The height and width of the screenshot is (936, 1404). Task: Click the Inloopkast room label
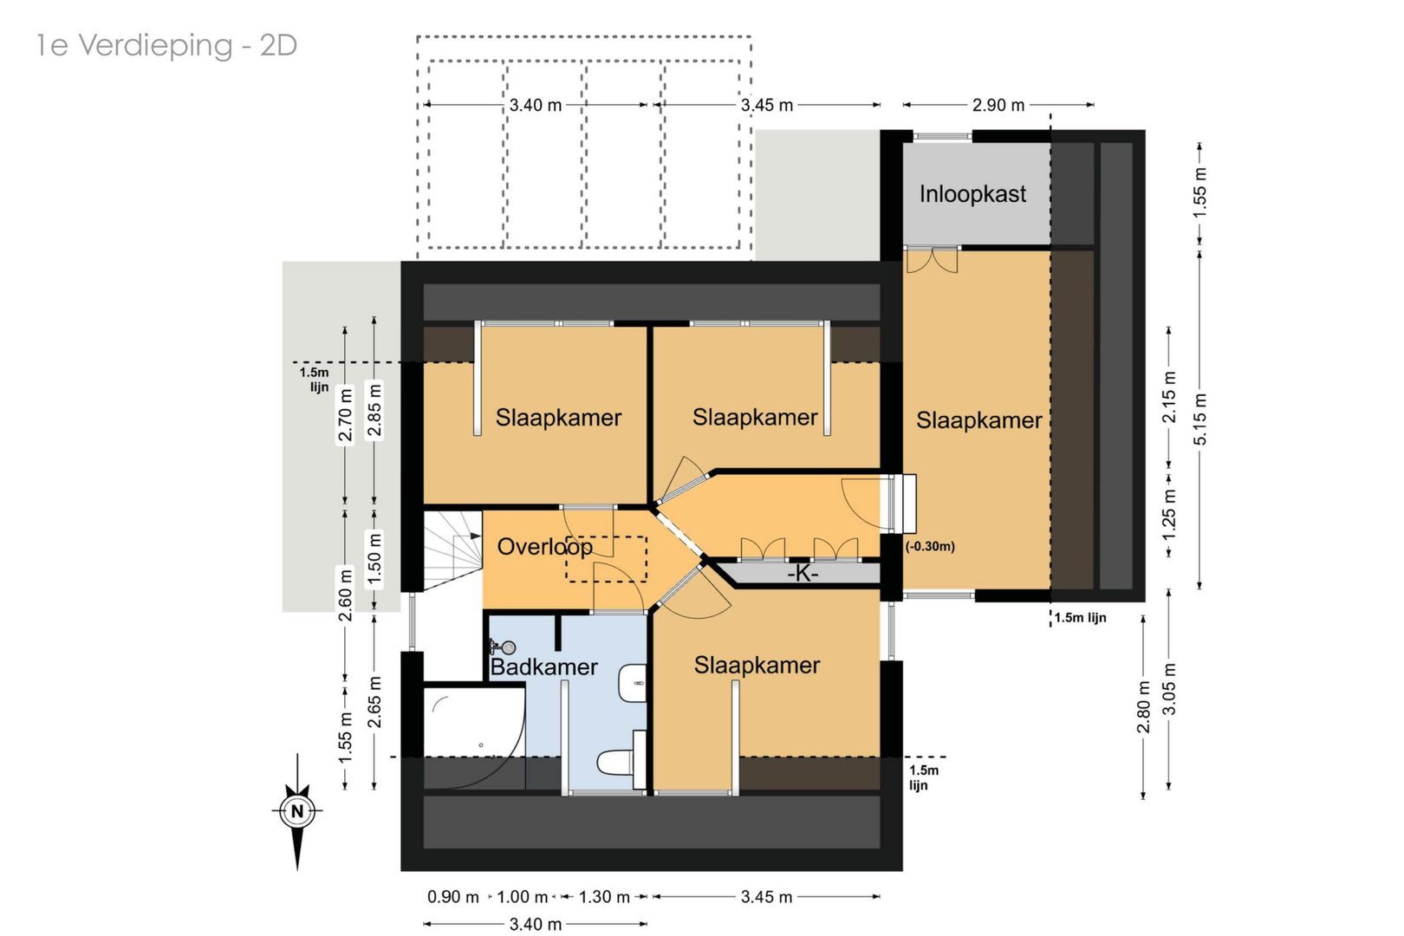972,194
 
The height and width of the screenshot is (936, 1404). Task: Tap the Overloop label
544,547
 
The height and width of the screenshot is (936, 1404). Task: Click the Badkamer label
543,667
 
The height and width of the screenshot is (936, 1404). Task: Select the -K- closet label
802,574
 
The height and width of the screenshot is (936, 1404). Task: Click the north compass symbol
297,811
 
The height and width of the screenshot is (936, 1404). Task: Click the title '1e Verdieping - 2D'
166,45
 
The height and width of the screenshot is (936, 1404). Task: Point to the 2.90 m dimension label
998,105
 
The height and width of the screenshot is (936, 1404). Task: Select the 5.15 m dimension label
1199,419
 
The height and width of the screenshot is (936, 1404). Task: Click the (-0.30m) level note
930,547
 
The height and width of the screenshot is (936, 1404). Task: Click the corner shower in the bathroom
468,732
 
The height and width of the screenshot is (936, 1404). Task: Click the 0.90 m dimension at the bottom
452,897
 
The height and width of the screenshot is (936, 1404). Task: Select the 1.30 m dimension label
603,897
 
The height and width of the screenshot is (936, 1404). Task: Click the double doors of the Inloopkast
932,259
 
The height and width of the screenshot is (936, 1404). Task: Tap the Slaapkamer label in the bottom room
757,666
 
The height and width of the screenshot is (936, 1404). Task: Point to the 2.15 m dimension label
1169,397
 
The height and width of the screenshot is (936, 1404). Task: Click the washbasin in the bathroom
634,683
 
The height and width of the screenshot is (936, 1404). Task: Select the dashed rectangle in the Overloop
606,559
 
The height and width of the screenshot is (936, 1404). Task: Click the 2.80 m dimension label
1143,706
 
